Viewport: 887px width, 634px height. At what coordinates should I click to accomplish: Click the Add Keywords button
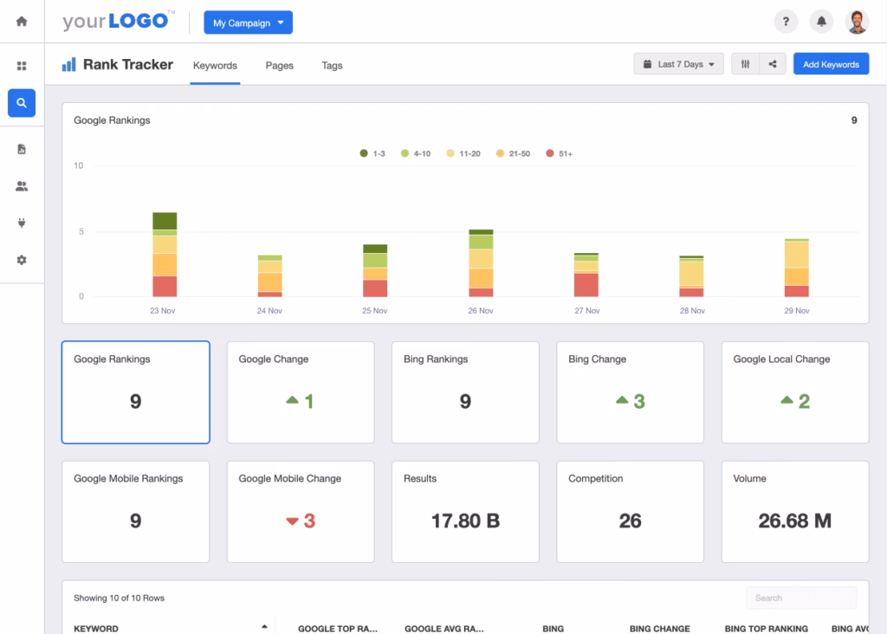pyautogui.click(x=831, y=64)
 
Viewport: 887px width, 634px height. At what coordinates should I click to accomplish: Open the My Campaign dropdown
pyautogui.click(x=248, y=23)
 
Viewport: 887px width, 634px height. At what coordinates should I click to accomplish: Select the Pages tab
pyautogui.click(x=279, y=65)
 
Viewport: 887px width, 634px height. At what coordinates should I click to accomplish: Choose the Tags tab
pyautogui.click(x=332, y=65)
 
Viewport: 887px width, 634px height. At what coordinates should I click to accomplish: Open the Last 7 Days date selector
pyautogui.click(x=678, y=64)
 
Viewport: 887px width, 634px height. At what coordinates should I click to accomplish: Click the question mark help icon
pyautogui.click(x=785, y=22)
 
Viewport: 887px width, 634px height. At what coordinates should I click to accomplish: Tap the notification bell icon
pyautogui.click(x=820, y=22)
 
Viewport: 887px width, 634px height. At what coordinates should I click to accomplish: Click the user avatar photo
pyautogui.click(x=856, y=22)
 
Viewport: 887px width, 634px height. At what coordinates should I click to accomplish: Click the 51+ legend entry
pyautogui.click(x=559, y=153)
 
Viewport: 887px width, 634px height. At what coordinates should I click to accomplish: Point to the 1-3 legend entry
pyautogui.click(x=372, y=153)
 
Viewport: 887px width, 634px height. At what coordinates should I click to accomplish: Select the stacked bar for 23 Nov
pyautogui.click(x=165, y=256)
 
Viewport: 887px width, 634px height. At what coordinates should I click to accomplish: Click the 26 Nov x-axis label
pyautogui.click(x=481, y=310)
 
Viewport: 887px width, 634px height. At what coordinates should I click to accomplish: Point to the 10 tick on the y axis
pyautogui.click(x=79, y=165)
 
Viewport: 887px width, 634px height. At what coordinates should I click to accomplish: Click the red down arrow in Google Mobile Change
pyautogui.click(x=292, y=521)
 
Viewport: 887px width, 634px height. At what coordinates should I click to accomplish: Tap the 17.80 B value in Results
pyautogui.click(x=465, y=521)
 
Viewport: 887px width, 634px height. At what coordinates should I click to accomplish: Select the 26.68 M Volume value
pyautogui.click(x=794, y=521)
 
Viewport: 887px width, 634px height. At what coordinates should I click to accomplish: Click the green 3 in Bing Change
pyautogui.click(x=639, y=401)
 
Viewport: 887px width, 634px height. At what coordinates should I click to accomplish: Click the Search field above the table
pyautogui.click(x=801, y=598)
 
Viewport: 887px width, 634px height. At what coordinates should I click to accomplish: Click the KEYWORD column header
pyautogui.click(x=96, y=628)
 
